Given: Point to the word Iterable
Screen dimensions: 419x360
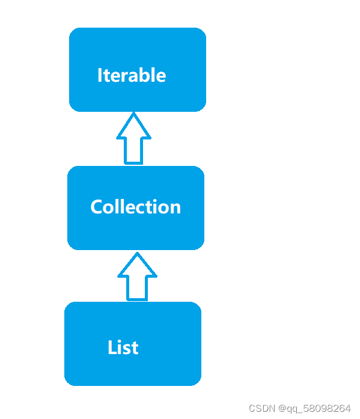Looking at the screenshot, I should [x=132, y=75].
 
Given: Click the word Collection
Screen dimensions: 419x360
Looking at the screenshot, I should [x=135, y=207].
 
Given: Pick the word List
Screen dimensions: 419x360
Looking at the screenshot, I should [x=123, y=347].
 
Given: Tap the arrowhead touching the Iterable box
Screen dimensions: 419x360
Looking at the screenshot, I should [x=133, y=126].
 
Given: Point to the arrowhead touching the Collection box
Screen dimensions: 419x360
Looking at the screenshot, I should [x=137, y=265].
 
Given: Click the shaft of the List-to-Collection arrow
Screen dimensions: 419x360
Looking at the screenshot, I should [x=137, y=288].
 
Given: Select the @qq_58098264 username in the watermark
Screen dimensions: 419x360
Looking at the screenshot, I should [x=313, y=408].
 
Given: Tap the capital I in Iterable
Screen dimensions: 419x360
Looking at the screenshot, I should [x=100, y=75].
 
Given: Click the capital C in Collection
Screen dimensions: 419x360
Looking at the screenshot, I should [x=97, y=207].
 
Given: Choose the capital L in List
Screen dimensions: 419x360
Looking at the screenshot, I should [x=112, y=347].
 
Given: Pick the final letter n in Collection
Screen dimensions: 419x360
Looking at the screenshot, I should [x=175, y=207].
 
